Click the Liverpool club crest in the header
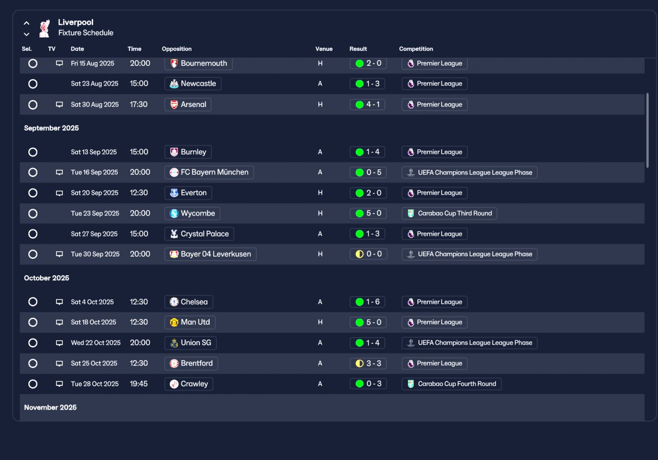coord(45,28)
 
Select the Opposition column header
coord(176,49)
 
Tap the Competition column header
coord(416,49)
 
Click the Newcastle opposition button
coord(193,83)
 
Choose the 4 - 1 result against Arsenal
coord(367,104)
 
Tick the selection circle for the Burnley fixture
coord(33,152)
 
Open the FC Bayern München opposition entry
coord(209,172)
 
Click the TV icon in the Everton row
coord(59,193)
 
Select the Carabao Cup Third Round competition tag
coord(449,213)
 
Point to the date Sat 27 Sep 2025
coord(94,234)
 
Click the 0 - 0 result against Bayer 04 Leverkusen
coord(369,254)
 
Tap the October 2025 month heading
coord(47,278)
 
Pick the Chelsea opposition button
coord(189,302)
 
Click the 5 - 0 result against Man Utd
coord(368,322)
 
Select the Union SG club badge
coord(174,343)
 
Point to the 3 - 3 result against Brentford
coord(368,363)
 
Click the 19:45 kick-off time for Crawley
coord(139,384)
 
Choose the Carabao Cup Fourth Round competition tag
coord(451,384)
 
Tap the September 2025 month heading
coord(51,128)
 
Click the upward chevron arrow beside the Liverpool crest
coord(26,23)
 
